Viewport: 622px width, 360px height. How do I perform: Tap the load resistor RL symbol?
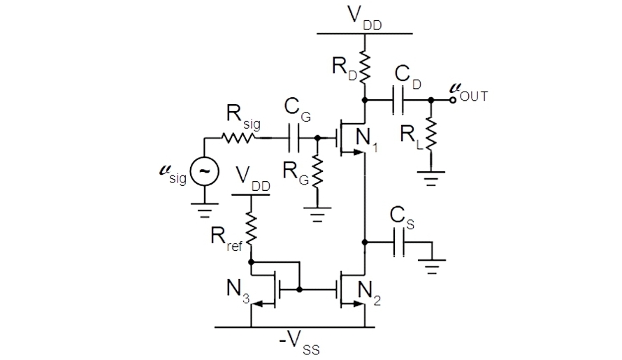click(431, 133)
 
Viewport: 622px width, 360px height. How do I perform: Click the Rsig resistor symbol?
click(240, 138)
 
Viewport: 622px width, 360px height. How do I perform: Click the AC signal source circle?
click(205, 170)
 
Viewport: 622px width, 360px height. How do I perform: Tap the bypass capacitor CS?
click(399, 243)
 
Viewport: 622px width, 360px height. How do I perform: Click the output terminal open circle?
click(454, 100)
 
